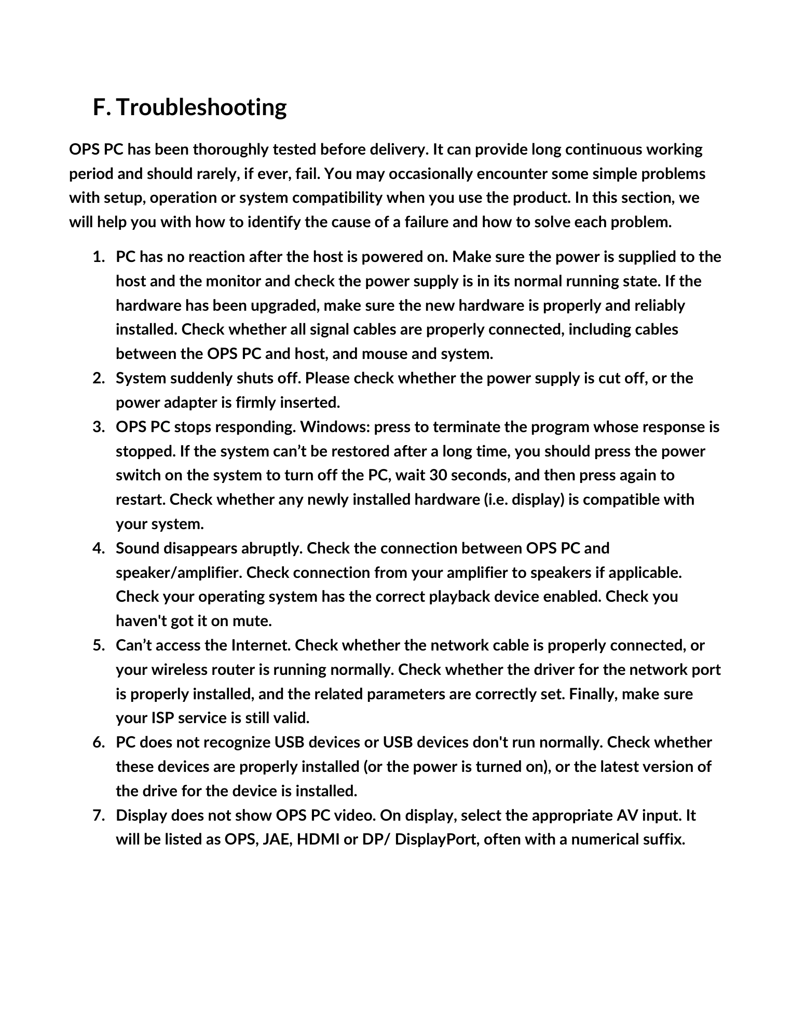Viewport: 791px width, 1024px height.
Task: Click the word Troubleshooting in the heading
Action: click(201, 107)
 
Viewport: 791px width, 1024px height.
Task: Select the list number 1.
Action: click(98, 257)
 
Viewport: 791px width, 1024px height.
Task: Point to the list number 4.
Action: click(98, 548)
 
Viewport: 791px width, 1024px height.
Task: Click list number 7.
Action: click(98, 815)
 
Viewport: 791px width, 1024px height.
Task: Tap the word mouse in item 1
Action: click(384, 354)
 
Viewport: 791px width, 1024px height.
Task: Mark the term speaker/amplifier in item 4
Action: click(179, 573)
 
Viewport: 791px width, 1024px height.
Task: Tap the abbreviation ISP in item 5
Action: click(162, 718)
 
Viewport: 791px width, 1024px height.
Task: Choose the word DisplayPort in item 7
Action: click(436, 839)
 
